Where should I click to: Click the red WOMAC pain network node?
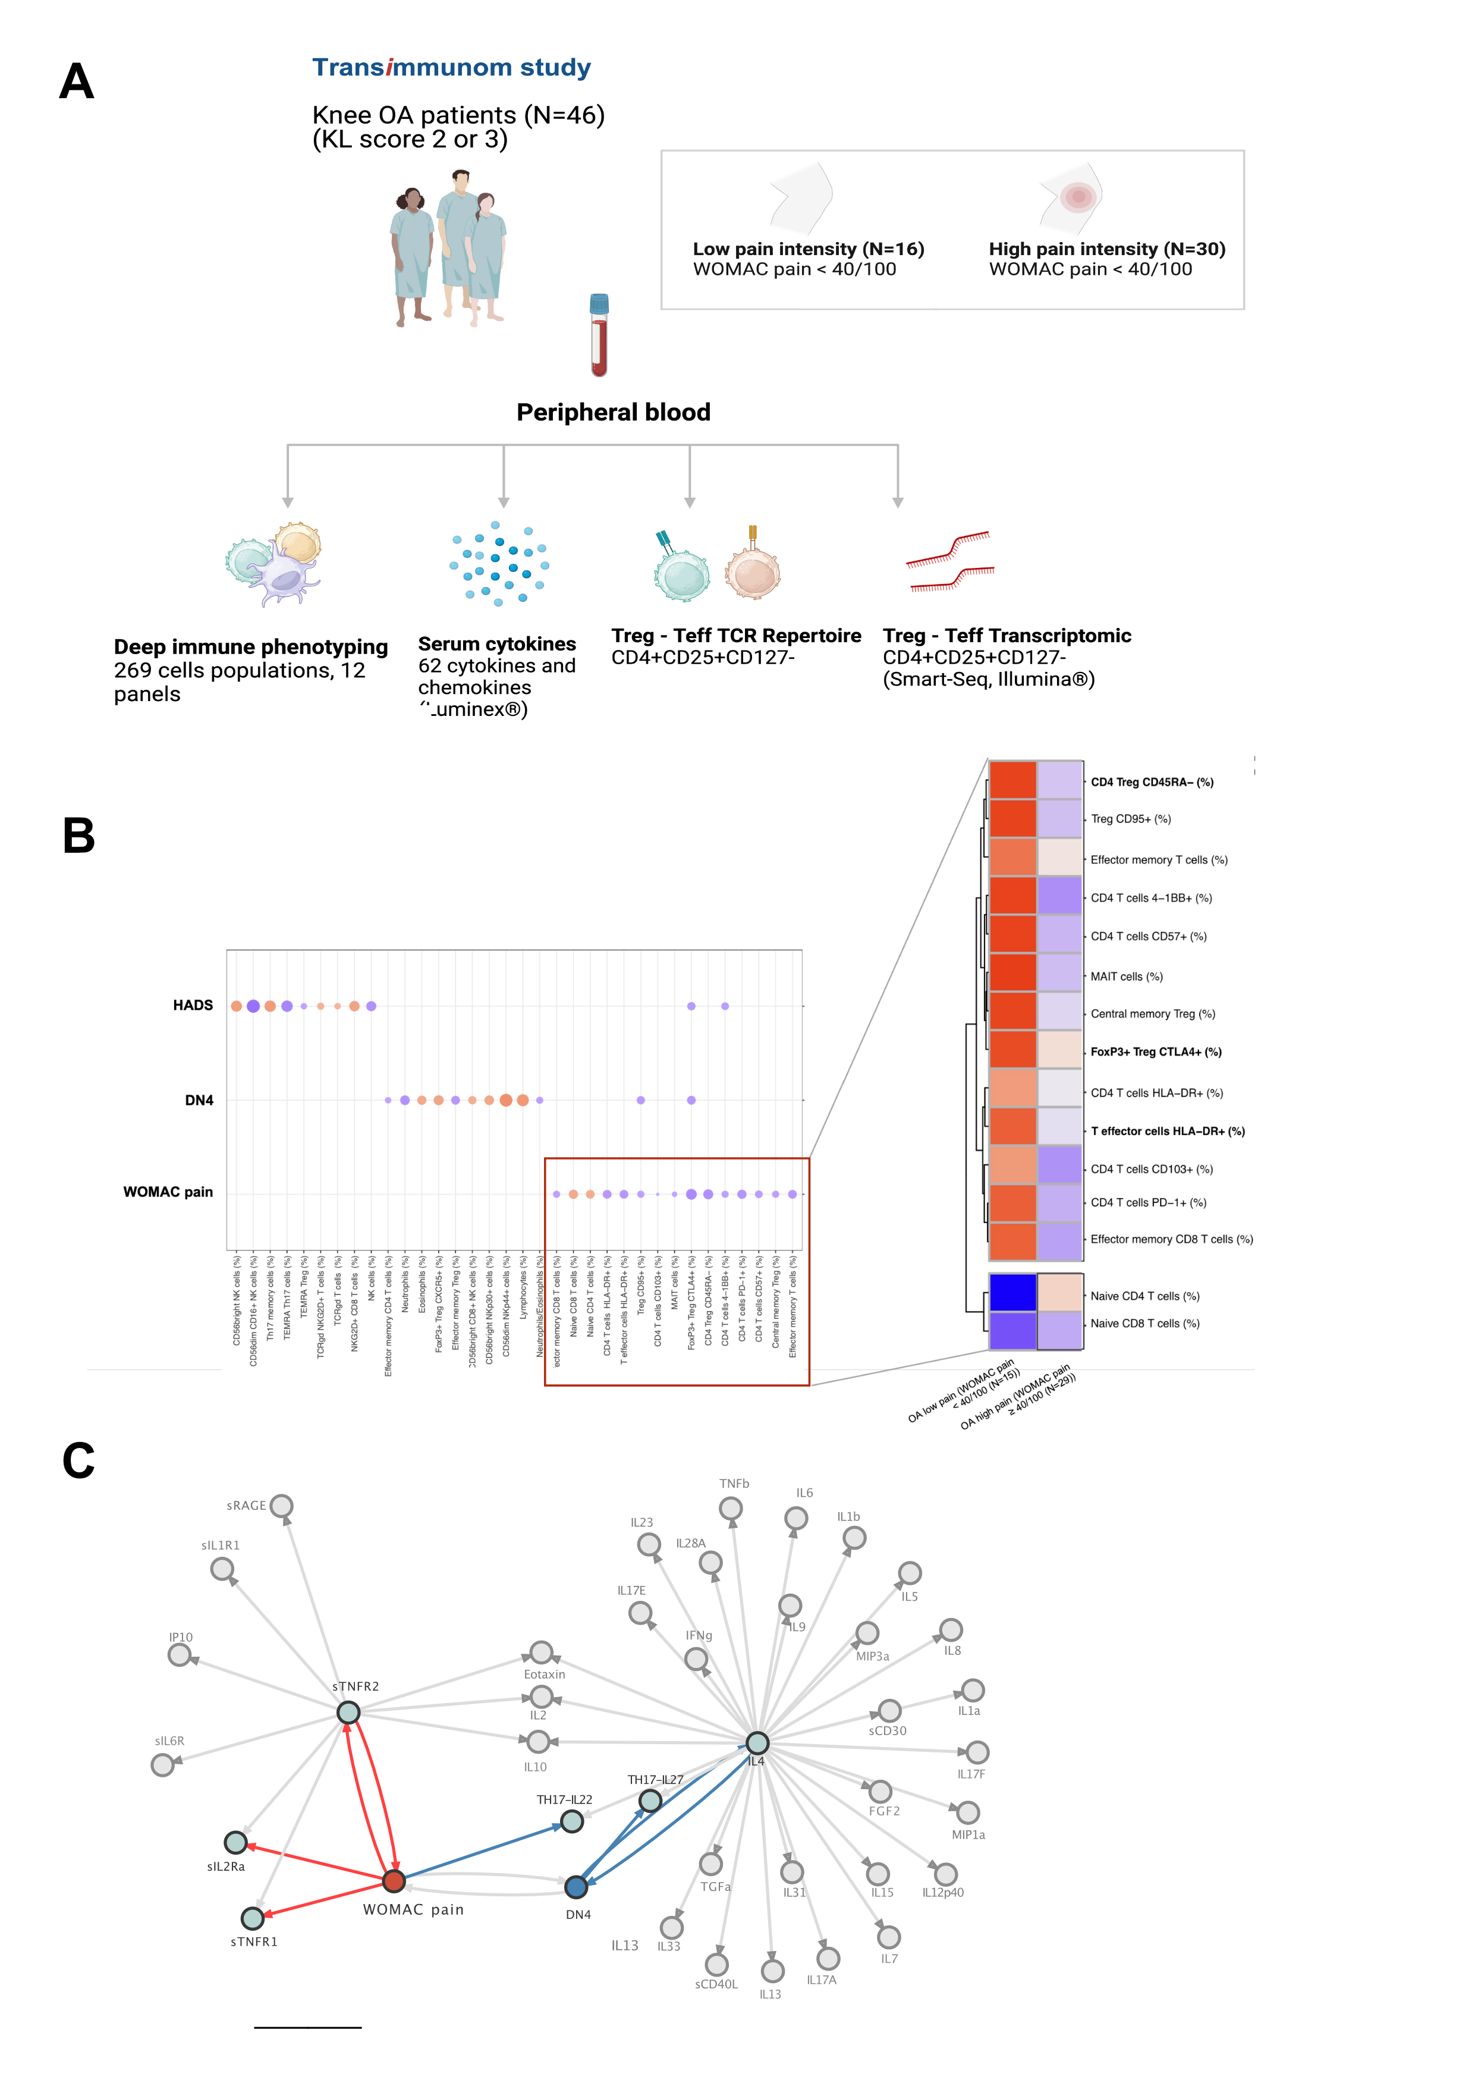point(393,1881)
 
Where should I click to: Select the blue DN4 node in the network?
point(576,1887)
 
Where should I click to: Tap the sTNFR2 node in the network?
point(349,1713)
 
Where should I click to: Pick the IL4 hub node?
point(757,1742)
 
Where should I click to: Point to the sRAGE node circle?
point(282,1506)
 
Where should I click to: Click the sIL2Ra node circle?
point(235,1843)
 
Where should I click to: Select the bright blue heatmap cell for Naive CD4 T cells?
point(1012,1292)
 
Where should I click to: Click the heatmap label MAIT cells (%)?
point(1126,976)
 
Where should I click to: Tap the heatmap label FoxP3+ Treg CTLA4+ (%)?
point(1155,1052)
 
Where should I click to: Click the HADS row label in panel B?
point(193,1005)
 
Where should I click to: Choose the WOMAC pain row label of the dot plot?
point(168,1192)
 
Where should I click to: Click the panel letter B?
point(79,836)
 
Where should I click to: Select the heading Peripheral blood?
point(613,413)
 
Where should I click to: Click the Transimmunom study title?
point(451,68)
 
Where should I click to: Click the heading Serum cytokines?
point(497,644)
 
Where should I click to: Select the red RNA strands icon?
point(950,561)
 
